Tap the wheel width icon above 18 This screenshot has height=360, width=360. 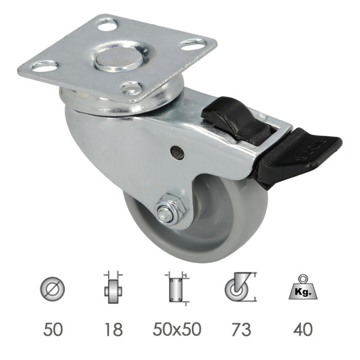click(x=113, y=289)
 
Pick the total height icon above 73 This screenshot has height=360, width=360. click(x=240, y=289)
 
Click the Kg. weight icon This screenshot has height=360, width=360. click(x=305, y=290)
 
